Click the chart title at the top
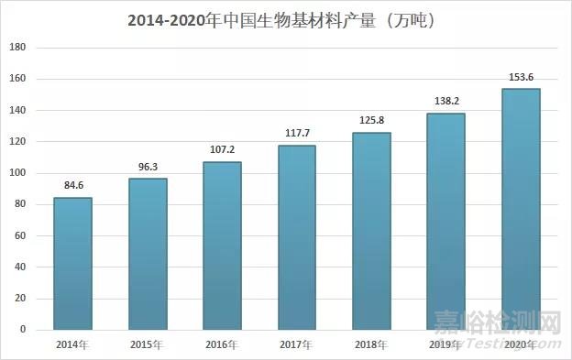(287, 18)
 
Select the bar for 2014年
(72, 264)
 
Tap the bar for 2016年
(222, 245)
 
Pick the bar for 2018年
(371, 231)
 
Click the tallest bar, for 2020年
(521, 209)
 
